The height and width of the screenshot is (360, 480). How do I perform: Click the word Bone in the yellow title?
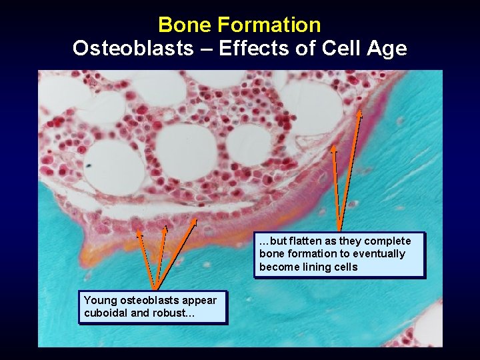click(182, 25)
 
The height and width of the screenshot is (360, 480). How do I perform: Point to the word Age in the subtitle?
click(386, 49)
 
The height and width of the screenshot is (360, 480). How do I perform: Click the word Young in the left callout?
click(99, 300)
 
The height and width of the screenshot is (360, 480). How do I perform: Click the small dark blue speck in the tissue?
click(89, 165)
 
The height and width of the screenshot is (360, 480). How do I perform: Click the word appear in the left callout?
click(201, 300)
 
